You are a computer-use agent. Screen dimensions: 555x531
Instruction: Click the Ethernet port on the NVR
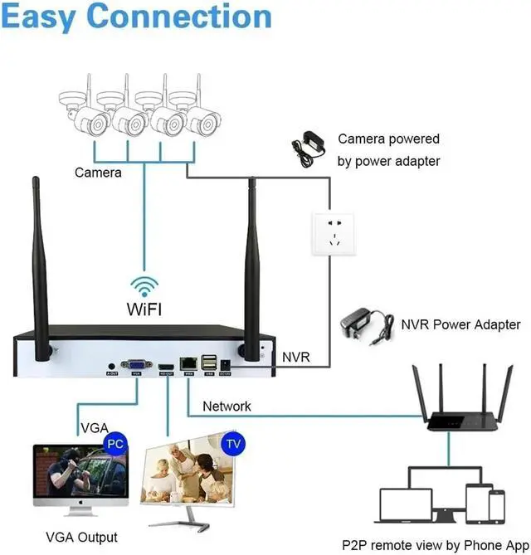point(189,363)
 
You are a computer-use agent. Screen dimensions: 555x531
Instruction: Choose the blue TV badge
point(235,445)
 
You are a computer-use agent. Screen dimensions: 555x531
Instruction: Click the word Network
point(227,407)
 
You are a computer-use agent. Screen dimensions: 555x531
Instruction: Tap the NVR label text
point(295,357)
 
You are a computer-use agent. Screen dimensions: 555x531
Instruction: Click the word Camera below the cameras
point(98,173)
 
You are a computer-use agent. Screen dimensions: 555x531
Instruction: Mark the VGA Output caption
point(81,537)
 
